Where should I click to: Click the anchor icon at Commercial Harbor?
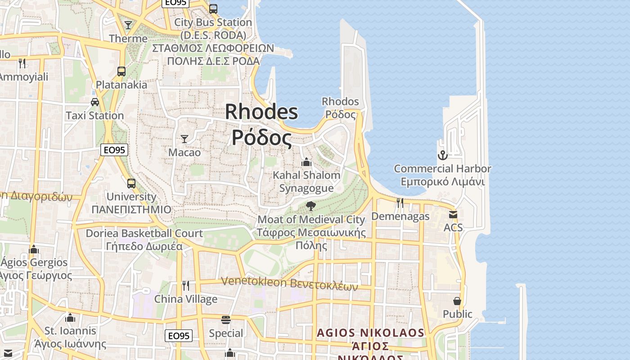click(x=443, y=155)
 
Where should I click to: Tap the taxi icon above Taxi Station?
click(x=95, y=102)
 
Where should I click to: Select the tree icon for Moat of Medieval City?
click(x=310, y=206)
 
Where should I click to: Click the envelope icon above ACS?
click(x=453, y=215)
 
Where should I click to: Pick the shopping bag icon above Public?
click(x=457, y=301)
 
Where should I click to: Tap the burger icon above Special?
click(x=226, y=320)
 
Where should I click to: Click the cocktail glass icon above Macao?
click(x=184, y=139)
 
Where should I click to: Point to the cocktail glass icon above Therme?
click(x=128, y=25)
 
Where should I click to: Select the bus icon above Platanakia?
click(x=121, y=71)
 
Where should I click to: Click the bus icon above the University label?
click(x=131, y=183)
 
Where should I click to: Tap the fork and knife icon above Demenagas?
click(x=400, y=203)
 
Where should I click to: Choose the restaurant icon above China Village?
click(x=185, y=286)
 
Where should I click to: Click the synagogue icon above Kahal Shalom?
click(x=306, y=162)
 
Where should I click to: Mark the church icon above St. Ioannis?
click(x=70, y=318)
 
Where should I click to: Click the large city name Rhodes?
click(x=261, y=112)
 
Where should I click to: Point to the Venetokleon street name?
click(x=289, y=283)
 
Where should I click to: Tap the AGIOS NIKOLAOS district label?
click(x=370, y=333)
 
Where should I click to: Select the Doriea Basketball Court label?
click(x=144, y=233)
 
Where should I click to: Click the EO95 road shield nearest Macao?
click(x=114, y=150)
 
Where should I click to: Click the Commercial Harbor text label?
click(x=442, y=169)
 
